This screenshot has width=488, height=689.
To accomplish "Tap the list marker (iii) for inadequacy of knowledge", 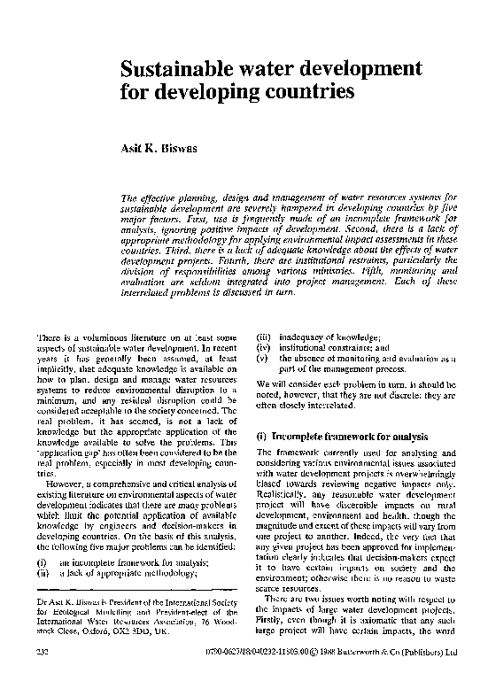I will pyautogui.click(x=262, y=336).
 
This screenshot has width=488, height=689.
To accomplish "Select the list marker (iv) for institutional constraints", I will pyautogui.click(x=262, y=347).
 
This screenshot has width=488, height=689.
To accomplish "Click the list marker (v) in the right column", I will pyautogui.click(x=262, y=359).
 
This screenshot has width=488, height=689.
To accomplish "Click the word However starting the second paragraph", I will pyautogui.click(x=65, y=485).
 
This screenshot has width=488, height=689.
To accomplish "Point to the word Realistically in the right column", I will pyautogui.click(x=278, y=497).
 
